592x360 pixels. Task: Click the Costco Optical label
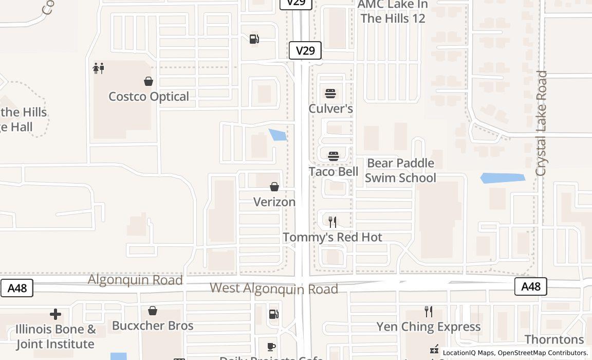click(149, 97)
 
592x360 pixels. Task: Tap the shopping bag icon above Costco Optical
click(149, 81)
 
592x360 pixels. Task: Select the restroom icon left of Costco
click(98, 68)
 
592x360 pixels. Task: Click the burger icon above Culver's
click(330, 94)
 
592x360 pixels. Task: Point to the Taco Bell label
click(334, 171)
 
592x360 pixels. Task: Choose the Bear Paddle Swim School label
click(400, 170)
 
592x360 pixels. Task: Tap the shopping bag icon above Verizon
click(274, 187)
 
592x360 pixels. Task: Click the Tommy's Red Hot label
click(332, 237)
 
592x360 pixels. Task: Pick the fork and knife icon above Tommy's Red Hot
click(332, 222)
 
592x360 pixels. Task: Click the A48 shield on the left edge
click(17, 288)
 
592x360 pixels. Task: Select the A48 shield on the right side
click(531, 286)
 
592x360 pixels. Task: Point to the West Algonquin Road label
click(274, 289)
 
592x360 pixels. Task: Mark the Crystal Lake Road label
click(542, 123)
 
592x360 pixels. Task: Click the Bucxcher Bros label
click(153, 326)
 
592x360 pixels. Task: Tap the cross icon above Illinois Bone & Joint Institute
click(55, 314)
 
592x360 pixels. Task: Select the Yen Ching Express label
click(429, 327)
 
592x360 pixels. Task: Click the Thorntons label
click(554, 339)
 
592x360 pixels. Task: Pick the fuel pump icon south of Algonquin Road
click(274, 314)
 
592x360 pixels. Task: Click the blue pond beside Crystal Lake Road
click(503, 178)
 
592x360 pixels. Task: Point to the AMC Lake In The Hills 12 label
click(393, 11)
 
